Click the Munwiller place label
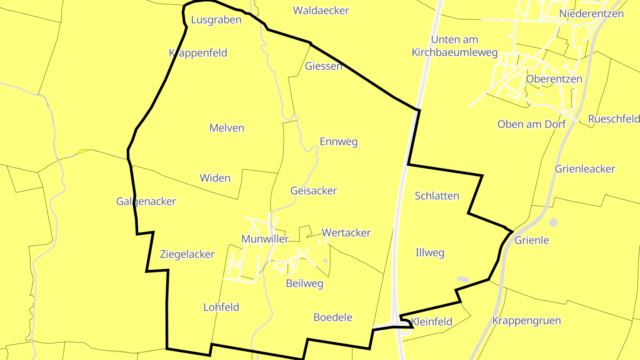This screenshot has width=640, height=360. point(265,239)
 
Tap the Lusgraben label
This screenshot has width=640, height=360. point(216,20)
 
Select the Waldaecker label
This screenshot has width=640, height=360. point(321,11)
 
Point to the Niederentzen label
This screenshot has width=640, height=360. point(591,14)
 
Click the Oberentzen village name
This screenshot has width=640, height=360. point(554,79)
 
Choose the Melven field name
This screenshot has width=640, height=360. point(227,128)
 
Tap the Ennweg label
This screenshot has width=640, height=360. point(339,142)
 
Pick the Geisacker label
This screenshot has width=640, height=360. point(313,191)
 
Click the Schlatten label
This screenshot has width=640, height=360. point(437,196)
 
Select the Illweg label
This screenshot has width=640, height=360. point(429,253)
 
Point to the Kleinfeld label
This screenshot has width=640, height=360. point(432,322)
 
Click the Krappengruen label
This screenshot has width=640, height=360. point(527,321)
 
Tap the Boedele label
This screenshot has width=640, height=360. point(333,317)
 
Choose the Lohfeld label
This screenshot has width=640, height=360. point(221,307)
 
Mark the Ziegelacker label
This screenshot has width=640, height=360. point(187,255)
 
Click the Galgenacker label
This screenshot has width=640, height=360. point(146,202)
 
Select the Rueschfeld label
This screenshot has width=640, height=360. point(614,119)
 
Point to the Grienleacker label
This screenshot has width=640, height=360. point(585,169)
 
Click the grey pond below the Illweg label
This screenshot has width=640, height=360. point(463,279)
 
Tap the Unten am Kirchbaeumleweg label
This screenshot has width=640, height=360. point(454,46)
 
